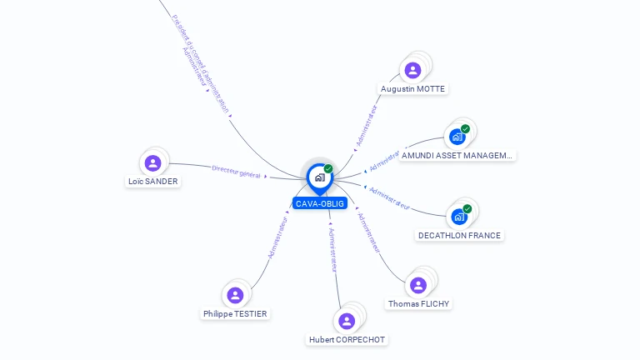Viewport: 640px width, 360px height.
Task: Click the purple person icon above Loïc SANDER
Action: click(152, 162)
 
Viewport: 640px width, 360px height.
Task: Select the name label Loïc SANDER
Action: click(152, 181)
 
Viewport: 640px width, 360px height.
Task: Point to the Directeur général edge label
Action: click(236, 171)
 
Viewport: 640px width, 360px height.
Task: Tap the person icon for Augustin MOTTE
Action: click(412, 70)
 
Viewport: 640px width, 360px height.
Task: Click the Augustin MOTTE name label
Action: click(412, 88)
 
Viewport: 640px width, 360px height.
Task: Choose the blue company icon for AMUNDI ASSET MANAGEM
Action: click(457, 137)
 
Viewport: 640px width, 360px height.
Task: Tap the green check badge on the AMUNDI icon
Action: click(465, 129)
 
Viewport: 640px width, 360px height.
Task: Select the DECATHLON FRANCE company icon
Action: click(459, 217)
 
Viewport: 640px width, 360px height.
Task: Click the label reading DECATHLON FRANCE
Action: click(459, 235)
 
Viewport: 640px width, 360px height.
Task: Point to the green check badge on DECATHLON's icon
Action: click(467, 209)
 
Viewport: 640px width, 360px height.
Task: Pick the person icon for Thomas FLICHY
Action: click(418, 285)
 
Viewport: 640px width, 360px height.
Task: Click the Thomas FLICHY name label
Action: click(419, 303)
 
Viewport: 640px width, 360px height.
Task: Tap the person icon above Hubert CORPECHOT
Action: click(347, 321)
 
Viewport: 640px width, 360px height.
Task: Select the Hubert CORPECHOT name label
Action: click(347, 339)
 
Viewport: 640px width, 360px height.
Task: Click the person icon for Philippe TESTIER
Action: click(235, 295)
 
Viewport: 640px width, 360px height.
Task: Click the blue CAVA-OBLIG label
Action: click(319, 203)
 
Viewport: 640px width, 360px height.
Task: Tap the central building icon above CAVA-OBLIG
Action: click(319, 177)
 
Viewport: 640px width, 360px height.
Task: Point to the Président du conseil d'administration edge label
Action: click(201, 62)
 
